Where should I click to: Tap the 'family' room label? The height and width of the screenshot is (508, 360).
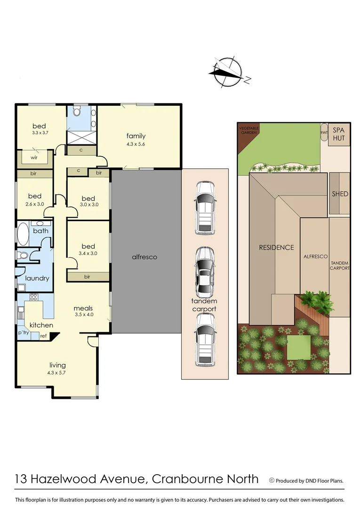(136, 136)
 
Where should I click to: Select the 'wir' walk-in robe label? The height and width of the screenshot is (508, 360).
(34, 158)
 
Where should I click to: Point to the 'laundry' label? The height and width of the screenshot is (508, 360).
(37, 278)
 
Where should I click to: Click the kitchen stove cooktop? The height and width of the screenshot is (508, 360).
(34, 297)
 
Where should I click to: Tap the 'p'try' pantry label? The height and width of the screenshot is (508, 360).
(24, 333)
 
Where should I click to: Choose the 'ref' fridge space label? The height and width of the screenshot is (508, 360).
(43, 336)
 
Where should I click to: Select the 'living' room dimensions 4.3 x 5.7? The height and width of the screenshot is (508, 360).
(58, 373)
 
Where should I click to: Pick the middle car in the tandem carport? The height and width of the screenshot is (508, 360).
(205, 272)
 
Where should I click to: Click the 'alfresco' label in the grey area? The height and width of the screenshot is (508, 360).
(144, 257)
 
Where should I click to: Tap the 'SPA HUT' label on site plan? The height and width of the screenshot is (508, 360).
(339, 134)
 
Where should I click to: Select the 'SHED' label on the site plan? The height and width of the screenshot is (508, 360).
(339, 194)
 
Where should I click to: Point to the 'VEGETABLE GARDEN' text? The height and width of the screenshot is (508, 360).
(249, 130)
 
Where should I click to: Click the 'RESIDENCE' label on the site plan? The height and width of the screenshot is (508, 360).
(276, 247)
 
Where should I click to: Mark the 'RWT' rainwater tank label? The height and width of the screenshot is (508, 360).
(324, 132)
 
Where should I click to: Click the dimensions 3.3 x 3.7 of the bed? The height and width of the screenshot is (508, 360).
(40, 133)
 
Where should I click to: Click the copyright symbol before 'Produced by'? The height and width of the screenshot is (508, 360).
(272, 480)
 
